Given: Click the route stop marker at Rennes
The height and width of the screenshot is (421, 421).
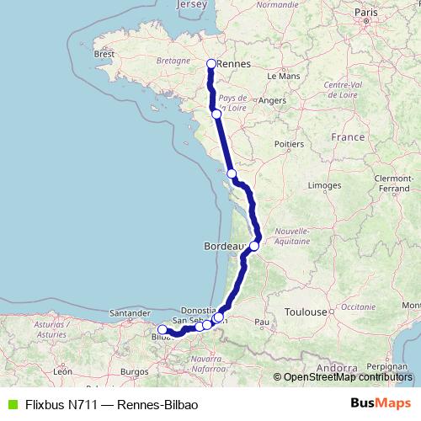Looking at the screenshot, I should point(211,63).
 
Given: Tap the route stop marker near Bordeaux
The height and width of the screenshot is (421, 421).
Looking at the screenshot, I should point(254,246).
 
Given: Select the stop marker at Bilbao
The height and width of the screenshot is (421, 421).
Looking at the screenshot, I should point(163,330).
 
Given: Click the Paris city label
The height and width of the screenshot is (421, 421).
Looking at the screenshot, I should point(365,13).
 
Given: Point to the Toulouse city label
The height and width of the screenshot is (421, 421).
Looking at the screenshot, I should point(306,312).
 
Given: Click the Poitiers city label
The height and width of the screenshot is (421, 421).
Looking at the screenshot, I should point(288,144).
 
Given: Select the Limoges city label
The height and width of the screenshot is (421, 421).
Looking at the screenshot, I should point(323,184).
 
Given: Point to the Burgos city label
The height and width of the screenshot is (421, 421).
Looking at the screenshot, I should point(134,370).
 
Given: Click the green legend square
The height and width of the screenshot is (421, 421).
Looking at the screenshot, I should point(10,403).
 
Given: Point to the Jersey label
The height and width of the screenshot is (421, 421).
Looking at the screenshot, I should point(191,5).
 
